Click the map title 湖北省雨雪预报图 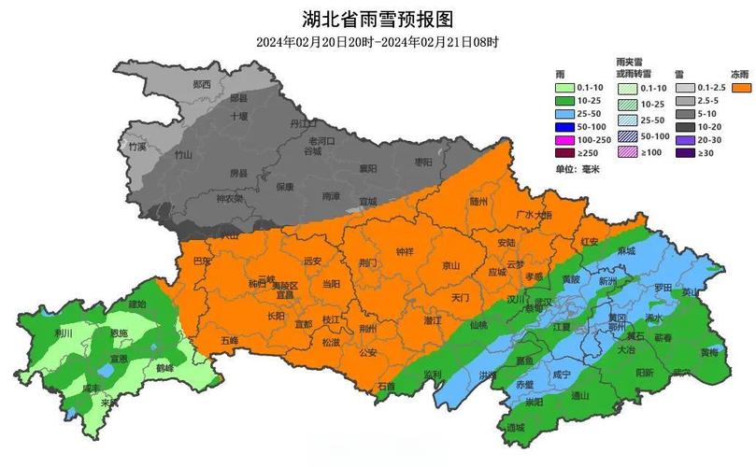point(378,19)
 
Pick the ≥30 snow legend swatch point(685,153)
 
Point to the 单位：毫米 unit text point(577,168)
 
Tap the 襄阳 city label point(366,168)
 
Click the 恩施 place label point(120,333)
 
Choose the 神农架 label point(229,198)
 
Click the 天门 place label point(460,297)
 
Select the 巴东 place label point(201,262)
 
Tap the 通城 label point(516,427)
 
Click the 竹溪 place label point(137,147)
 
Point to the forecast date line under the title point(378,42)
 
